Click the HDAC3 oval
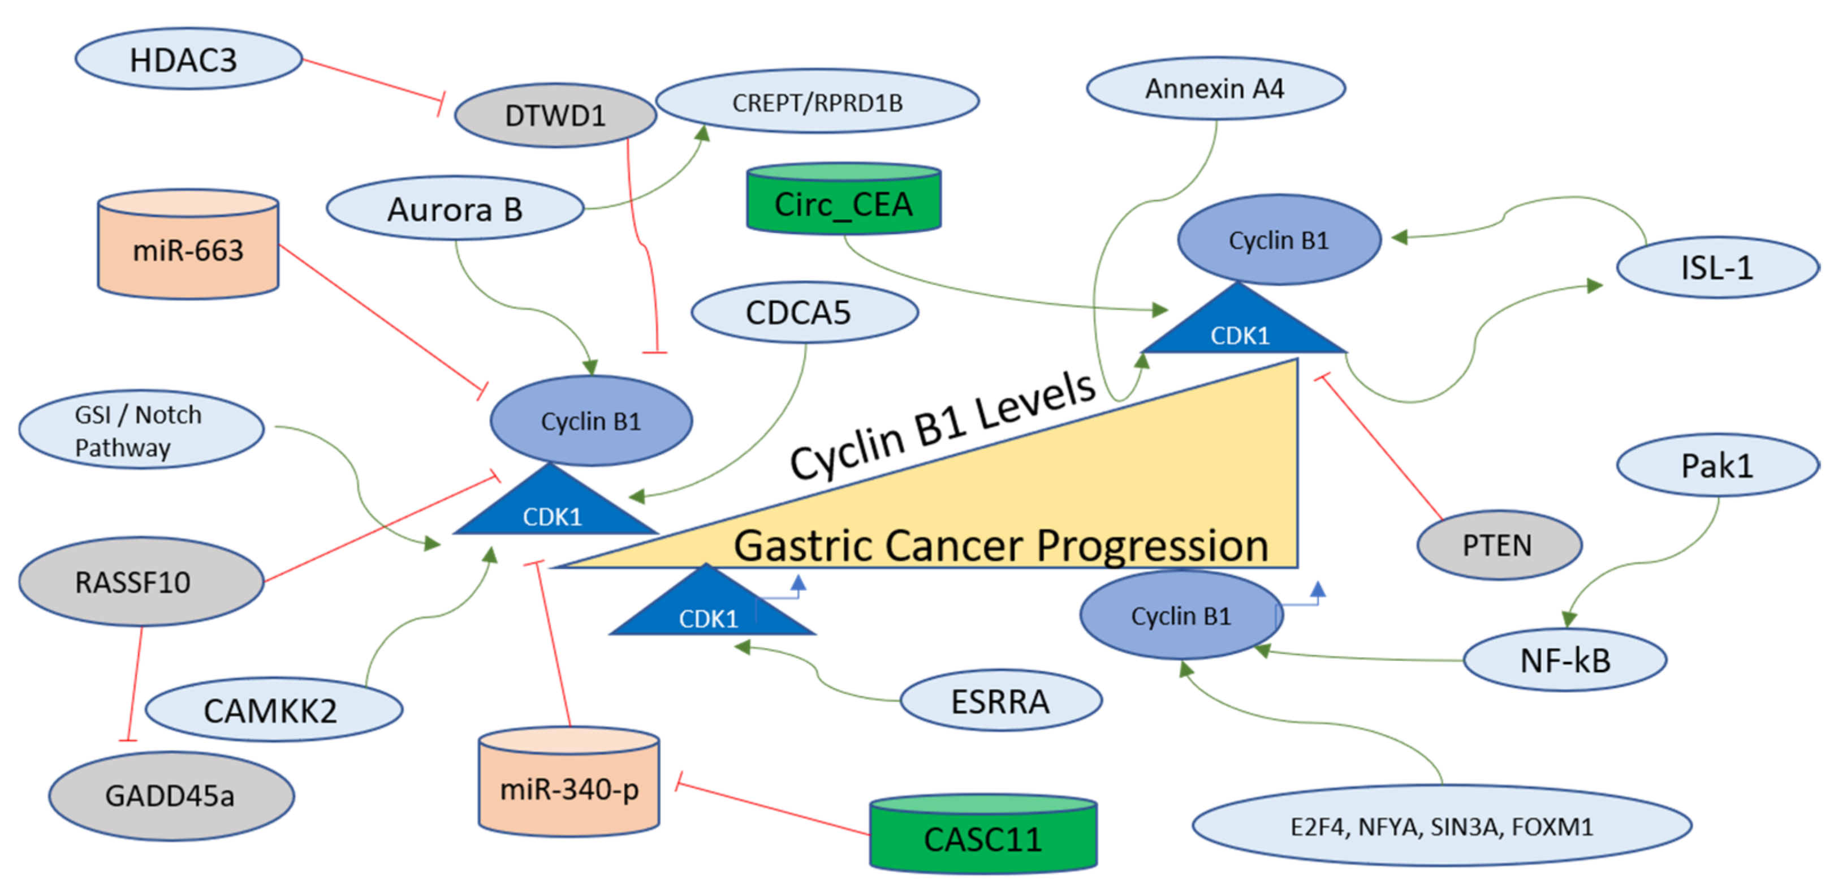tap(188, 59)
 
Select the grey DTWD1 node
tap(555, 115)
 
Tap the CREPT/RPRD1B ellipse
tap(817, 102)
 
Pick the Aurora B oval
tap(455, 209)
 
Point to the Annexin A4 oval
tap(1215, 89)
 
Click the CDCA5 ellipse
tap(805, 312)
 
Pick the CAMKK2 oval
tap(273, 710)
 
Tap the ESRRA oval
tap(1000, 701)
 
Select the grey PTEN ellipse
tap(1499, 545)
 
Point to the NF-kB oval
tap(1564, 660)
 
